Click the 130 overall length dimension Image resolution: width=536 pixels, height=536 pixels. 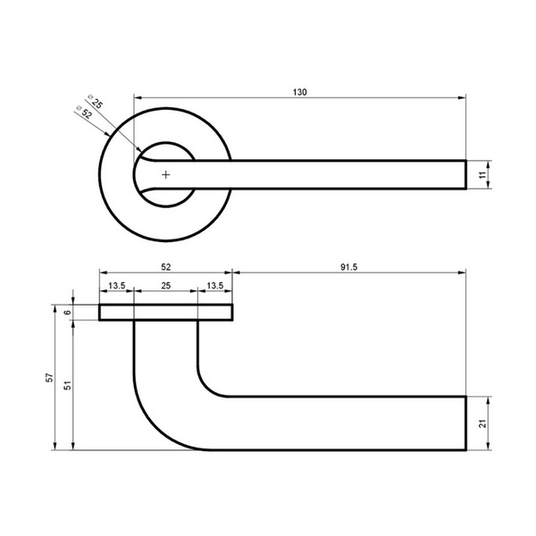(x=300, y=92)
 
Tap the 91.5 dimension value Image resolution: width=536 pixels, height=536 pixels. (x=348, y=267)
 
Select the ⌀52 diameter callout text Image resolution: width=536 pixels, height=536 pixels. (x=84, y=112)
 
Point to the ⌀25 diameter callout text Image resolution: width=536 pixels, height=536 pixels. (x=95, y=102)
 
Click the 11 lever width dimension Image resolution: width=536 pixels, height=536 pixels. (x=482, y=175)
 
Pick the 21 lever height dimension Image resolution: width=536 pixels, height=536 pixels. (x=482, y=423)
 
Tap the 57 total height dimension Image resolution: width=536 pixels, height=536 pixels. (x=49, y=377)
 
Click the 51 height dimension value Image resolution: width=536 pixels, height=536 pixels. (x=68, y=385)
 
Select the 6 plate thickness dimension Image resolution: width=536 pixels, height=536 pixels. (x=68, y=312)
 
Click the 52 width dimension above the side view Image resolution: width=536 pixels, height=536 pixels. (x=166, y=267)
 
